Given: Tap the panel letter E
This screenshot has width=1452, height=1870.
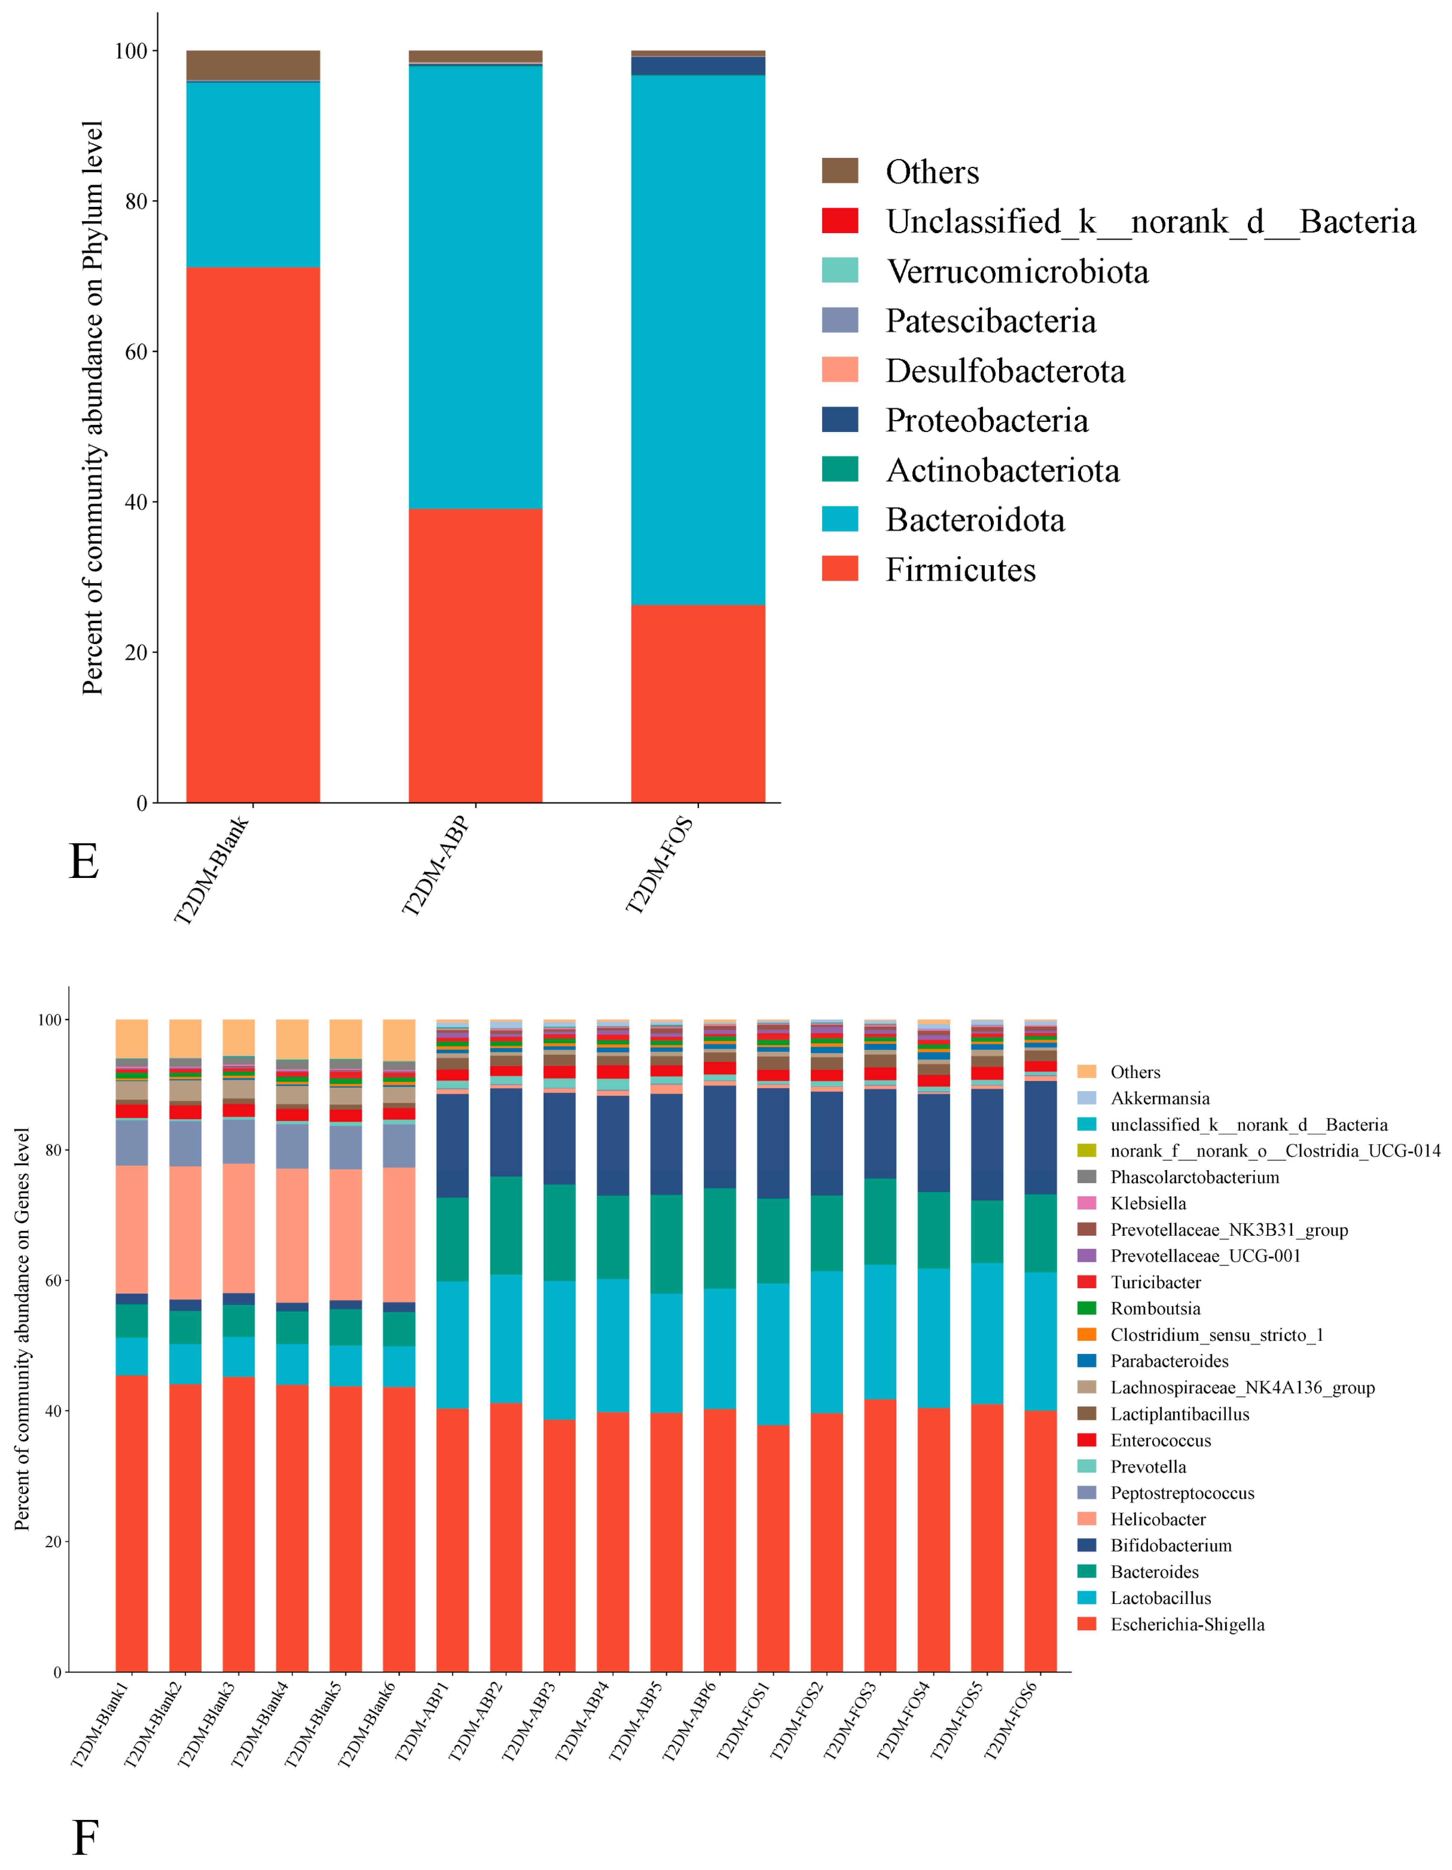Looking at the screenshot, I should (x=84, y=861).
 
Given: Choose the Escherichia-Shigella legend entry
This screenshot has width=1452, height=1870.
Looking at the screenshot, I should (x=1187, y=1624).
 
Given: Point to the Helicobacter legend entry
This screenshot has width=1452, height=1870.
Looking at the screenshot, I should (x=1157, y=1519).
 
